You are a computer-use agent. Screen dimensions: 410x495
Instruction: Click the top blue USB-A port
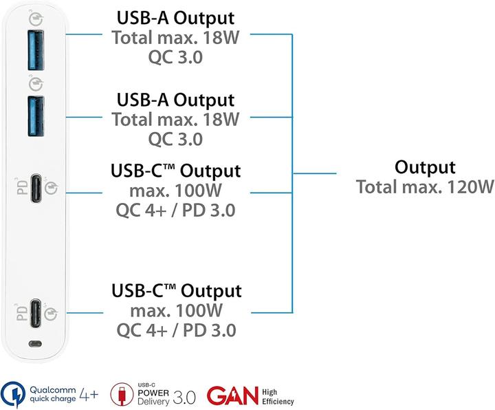[x=36, y=50]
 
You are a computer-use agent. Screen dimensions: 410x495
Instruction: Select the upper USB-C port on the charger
[x=36, y=188]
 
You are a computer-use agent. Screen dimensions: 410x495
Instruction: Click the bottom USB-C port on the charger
[x=36, y=312]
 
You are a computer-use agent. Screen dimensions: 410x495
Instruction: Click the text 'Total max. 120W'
[x=425, y=186]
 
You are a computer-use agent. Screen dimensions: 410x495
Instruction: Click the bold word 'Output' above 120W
[x=425, y=167]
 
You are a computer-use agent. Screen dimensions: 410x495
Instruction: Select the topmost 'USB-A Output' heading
[x=175, y=18]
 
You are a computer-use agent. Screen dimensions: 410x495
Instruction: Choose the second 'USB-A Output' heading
[x=175, y=100]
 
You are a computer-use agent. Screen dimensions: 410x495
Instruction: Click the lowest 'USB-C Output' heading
[x=176, y=290]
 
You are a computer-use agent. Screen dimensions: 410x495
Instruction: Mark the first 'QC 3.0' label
[x=175, y=57]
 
